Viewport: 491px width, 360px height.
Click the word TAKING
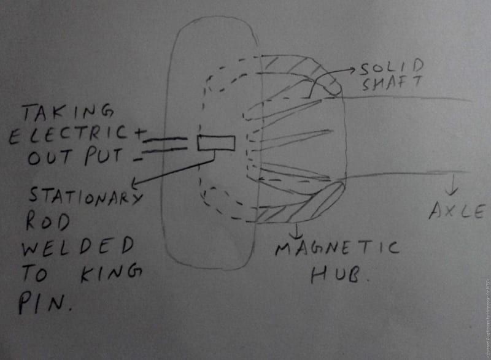(x=68, y=113)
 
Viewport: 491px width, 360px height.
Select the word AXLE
(x=455, y=212)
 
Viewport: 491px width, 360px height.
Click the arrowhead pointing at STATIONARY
(x=136, y=183)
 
